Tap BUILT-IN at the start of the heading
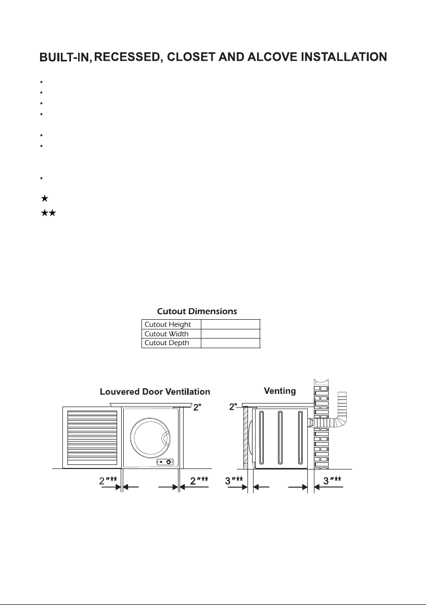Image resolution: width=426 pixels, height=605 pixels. [65, 58]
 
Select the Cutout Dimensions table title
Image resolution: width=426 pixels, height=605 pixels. [197, 311]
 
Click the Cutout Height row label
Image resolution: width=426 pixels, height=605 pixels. [168, 324]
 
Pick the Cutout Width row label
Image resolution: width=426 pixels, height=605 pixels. [166, 334]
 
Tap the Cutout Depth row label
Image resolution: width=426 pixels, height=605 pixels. [167, 343]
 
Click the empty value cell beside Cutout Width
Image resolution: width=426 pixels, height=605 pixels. [231, 334]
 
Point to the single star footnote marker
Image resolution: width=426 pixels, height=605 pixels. [45, 199]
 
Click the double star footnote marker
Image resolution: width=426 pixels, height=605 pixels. [49, 213]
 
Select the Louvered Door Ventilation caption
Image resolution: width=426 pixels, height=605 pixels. [155, 392]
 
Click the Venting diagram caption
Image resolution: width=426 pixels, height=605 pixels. [280, 391]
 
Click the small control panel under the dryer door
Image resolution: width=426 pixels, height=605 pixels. [165, 462]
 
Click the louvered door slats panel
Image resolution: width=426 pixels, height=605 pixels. [92, 438]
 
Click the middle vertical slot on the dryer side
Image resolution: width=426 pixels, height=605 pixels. [280, 438]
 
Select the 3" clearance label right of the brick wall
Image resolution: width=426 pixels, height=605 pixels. [332, 481]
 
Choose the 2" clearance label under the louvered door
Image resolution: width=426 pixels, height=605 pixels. [109, 481]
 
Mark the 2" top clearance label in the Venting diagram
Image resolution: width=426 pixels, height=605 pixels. [234, 407]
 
